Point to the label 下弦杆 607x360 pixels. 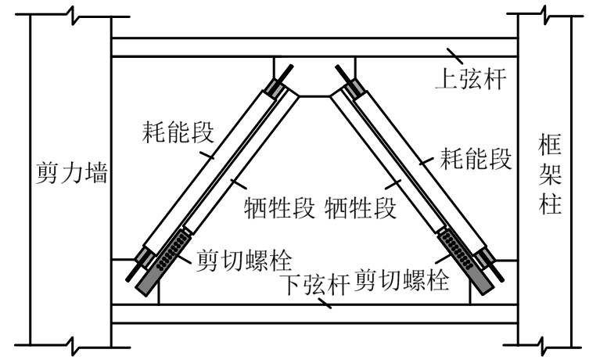(x=316, y=280)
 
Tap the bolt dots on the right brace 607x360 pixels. (x=457, y=250)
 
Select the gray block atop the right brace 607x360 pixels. (x=356, y=88)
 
